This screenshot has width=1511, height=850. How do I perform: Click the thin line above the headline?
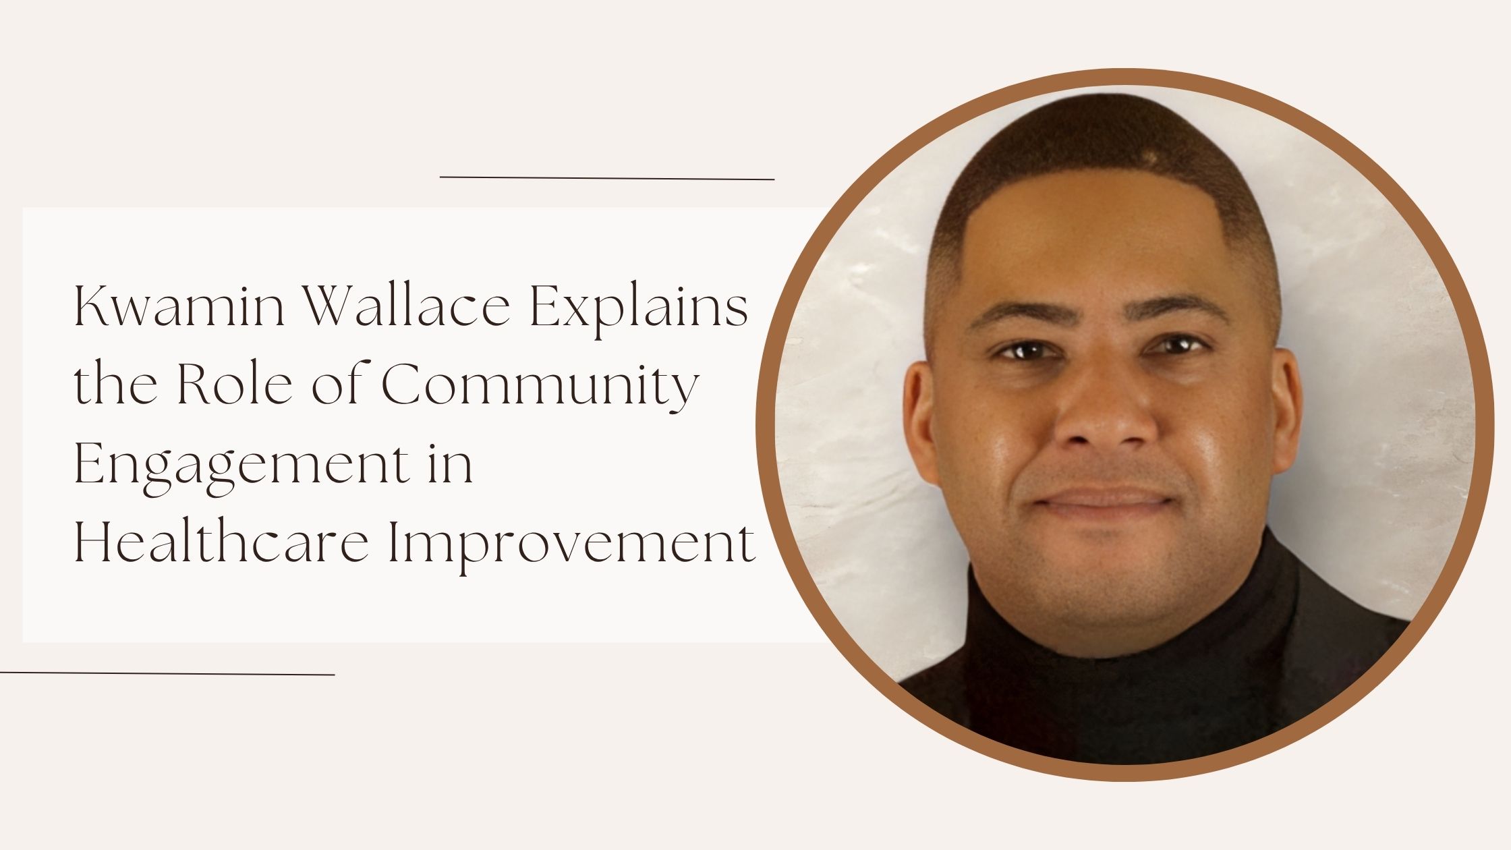(607, 178)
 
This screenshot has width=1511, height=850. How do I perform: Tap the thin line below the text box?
(167, 673)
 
